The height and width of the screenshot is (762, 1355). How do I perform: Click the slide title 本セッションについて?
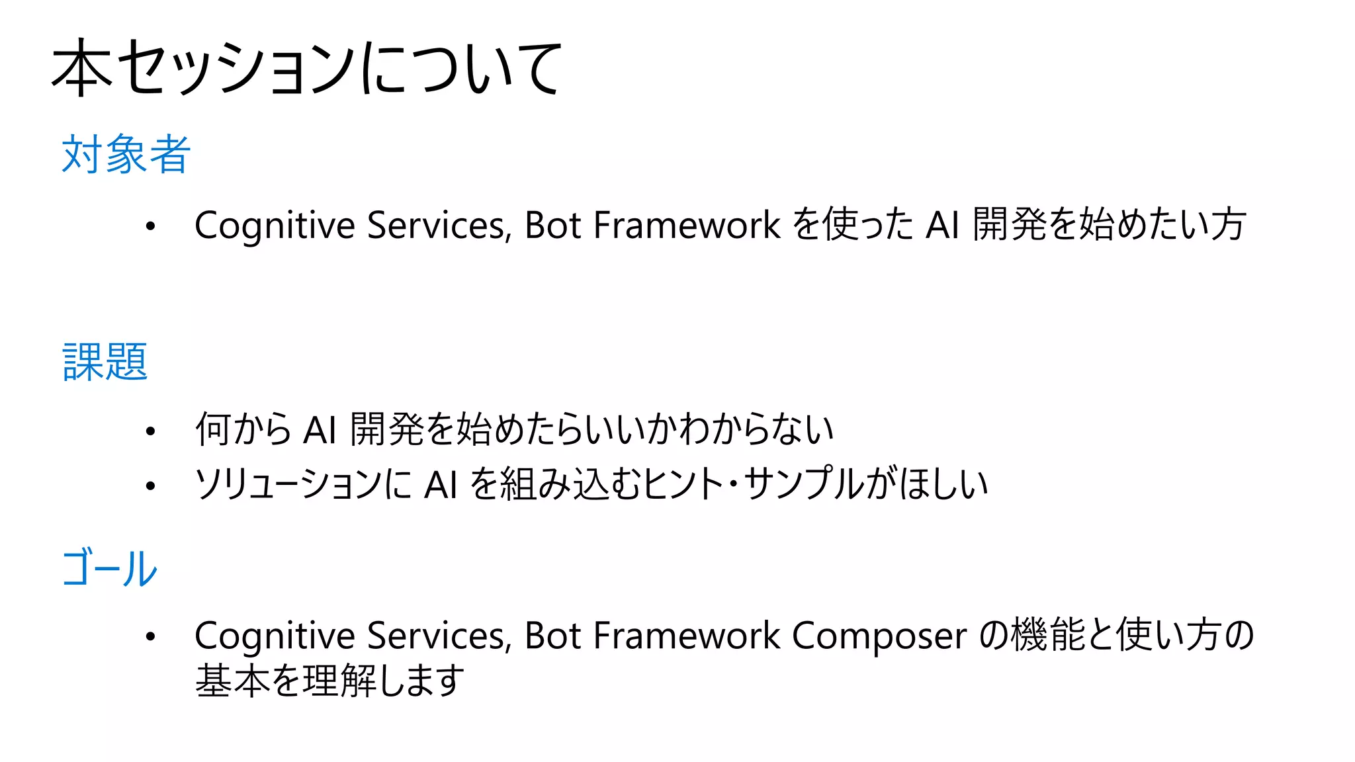click(x=306, y=67)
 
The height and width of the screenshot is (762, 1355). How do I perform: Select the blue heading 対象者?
click(x=126, y=155)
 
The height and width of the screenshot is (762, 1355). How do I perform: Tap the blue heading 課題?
click(x=105, y=362)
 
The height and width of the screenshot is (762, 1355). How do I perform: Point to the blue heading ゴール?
click(x=109, y=569)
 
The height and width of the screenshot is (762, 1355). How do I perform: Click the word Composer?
click(x=879, y=636)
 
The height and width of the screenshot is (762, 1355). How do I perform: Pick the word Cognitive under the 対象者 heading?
click(x=275, y=226)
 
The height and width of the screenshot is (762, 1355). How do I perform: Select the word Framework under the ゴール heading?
click(x=687, y=636)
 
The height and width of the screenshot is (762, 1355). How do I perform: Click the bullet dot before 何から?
click(x=151, y=431)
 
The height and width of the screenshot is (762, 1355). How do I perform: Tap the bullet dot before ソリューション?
click(x=151, y=486)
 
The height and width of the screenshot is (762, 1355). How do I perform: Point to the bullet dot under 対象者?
click(x=151, y=226)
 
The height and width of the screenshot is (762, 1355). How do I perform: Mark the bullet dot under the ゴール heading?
click(x=151, y=636)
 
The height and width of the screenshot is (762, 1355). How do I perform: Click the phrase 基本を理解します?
click(x=329, y=681)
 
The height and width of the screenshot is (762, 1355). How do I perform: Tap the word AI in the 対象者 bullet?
click(x=942, y=226)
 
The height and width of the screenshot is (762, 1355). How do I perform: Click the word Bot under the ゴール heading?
click(x=552, y=636)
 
